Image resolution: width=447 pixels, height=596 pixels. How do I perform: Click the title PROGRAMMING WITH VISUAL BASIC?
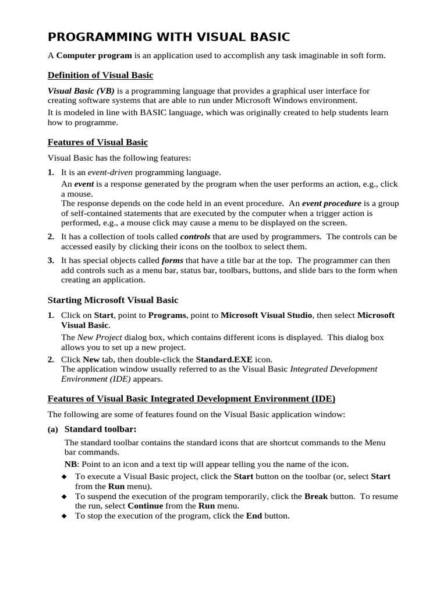tap(168, 37)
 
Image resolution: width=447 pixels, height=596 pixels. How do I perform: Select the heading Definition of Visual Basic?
tap(100, 75)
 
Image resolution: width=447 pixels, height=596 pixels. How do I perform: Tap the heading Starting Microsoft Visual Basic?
tap(112, 300)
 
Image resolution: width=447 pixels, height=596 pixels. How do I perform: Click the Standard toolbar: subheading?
tap(100, 429)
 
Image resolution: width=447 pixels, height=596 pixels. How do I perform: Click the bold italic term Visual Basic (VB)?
tap(81, 91)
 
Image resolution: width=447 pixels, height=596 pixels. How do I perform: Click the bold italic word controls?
tap(196, 237)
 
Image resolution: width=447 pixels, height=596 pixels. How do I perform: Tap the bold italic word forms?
tap(172, 260)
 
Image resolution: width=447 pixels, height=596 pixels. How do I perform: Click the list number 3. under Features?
tap(51, 260)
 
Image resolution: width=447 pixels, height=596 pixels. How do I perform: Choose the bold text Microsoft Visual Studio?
tap(267, 315)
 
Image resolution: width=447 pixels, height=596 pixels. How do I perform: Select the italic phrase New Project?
tap(100, 337)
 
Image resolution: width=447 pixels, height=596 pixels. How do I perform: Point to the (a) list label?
tap(52, 430)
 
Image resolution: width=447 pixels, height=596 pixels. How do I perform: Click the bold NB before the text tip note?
tap(70, 464)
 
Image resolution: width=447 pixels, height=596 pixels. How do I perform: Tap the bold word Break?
tap(316, 496)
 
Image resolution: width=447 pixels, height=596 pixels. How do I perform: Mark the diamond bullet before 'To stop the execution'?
tap(64, 516)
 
